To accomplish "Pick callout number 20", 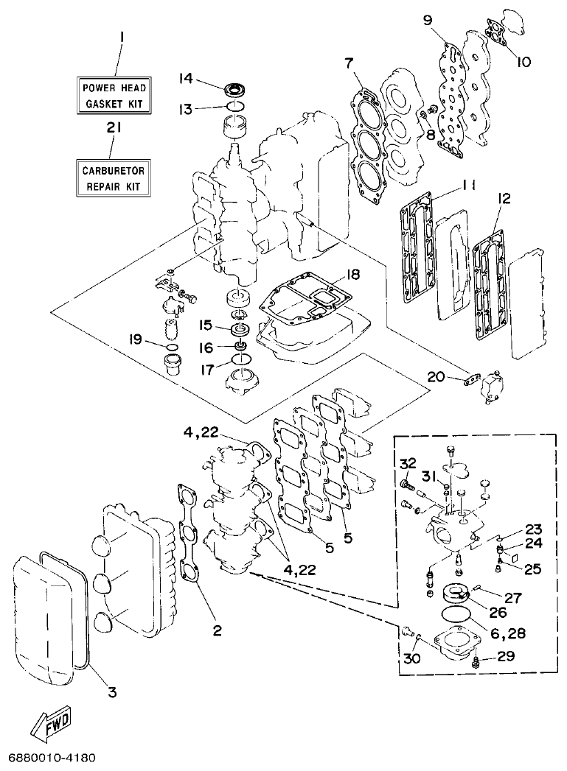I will coord(436,377).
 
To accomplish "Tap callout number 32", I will coord(408,462).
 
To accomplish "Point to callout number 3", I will coord(111,691).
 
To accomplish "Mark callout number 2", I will coord(217,630).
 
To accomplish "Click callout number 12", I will coord(504,199).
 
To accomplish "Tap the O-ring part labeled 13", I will coord(236,108).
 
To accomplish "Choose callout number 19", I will coord(134,339).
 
